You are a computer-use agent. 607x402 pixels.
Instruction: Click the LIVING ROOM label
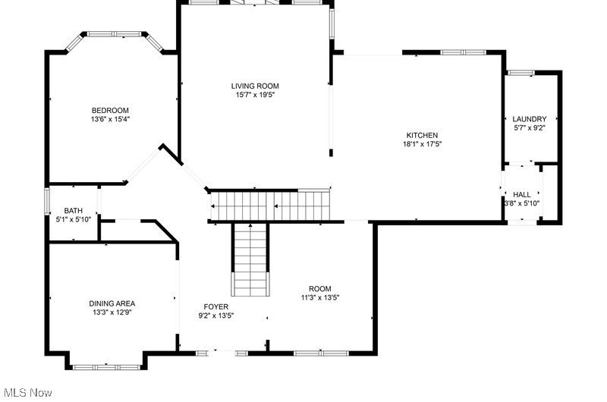click(x=255, y=86)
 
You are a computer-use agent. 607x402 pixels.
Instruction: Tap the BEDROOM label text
click(x=110, y=111)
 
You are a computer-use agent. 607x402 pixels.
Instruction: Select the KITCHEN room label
click(x=422, y=136)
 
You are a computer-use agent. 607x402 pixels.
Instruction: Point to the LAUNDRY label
click(x=529, y=119)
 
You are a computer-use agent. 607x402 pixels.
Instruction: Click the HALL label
click(x=522, y=195)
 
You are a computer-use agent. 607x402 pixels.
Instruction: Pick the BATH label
click(x=73, y=211)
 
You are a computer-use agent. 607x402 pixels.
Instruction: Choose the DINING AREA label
click(x=112, y=303)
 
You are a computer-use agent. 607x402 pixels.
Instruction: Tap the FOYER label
click(x=216, y=307)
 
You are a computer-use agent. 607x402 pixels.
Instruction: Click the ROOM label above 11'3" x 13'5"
click(x=319, y=289)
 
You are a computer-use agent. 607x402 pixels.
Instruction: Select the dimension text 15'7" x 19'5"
click(x=255, y=95)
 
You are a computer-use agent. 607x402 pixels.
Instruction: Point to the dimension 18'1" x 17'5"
click(x=422, y=144)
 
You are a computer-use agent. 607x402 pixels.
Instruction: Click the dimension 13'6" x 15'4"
click(x=110, y=120)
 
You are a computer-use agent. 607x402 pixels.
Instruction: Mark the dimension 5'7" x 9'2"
click(x=529, y=128)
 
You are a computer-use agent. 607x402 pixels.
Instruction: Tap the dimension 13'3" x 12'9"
click(x=112, y=312)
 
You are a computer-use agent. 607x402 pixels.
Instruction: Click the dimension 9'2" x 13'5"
click(x=216, y=316)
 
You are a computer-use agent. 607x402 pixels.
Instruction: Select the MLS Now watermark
click(x=28, y=393)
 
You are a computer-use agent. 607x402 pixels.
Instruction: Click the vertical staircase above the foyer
click(x=250, y=260)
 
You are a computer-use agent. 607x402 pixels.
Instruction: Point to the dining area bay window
click(x=106, y=367)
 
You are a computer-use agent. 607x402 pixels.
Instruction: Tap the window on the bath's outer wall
click(x=47, y=201)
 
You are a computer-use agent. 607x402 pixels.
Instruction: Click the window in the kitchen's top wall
click(x=464, y=52)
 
